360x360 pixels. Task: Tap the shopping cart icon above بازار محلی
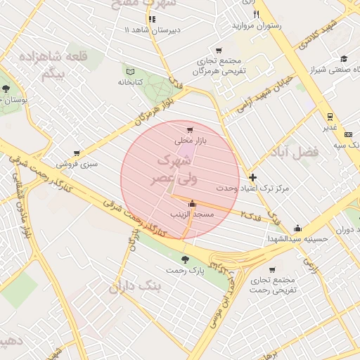(x=190, y=130)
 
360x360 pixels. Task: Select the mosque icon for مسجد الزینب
(x=192, y=203)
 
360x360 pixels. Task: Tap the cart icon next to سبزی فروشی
(x=77, y=153)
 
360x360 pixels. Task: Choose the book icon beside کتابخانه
(x=129, y=72)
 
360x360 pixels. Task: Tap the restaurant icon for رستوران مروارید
(x=257, y=14)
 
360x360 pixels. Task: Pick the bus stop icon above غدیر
(x=328, y=117)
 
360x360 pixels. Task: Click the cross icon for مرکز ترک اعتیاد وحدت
(x=253, y=178)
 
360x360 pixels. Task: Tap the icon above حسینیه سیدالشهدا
(x=297, y=228)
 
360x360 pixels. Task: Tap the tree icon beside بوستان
(x=6, y=89)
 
